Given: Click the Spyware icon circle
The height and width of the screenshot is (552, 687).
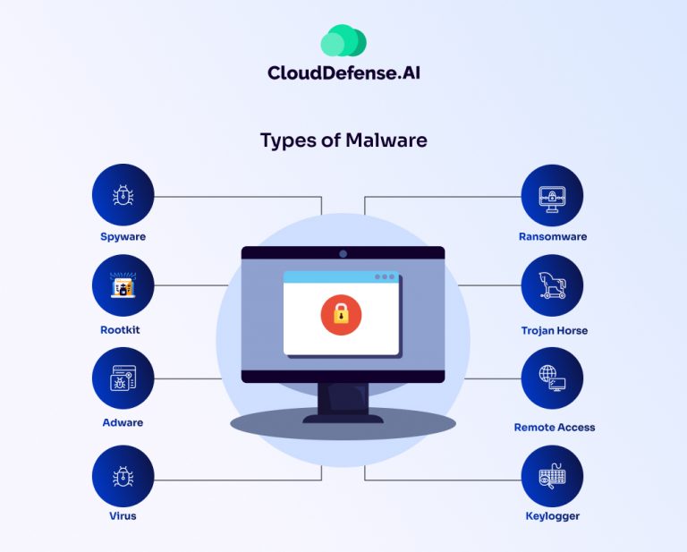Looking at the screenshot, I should (123, 195).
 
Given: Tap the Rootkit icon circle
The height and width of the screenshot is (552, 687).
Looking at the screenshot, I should (123, 285).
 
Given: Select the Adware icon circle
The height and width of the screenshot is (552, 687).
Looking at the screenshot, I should (123, 378).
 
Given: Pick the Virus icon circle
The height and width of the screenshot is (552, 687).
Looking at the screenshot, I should (123, 476).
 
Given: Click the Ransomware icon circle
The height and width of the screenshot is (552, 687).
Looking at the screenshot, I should (552, 195).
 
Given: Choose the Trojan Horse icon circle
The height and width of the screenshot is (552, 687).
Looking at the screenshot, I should (552, 285).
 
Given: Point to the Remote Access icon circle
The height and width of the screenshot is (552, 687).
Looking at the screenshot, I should (552, 378).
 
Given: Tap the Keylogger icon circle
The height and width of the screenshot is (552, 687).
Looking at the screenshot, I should (552, 476).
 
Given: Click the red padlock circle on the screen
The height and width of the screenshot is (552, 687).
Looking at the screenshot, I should (340, 315).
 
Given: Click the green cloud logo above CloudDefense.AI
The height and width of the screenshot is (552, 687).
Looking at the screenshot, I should (343, 41).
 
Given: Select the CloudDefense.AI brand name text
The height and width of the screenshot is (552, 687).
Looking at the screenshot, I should (343, 72).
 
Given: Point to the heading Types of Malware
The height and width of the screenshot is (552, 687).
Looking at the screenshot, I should (343, 140).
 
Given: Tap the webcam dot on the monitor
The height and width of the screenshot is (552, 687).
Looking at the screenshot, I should (343, 253).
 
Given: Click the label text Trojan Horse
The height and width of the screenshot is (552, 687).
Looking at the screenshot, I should (555, 330).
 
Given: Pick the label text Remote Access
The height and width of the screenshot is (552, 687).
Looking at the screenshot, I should (555, 427).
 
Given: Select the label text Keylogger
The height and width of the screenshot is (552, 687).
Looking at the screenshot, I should (553, 516).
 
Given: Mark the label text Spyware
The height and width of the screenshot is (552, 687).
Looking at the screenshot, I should (123, 237).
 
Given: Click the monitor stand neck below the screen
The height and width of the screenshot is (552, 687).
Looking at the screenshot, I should (343, 397).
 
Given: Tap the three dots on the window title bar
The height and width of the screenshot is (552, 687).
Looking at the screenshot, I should (386, 277).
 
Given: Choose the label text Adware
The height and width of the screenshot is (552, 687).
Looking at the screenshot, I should (123, 422).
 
